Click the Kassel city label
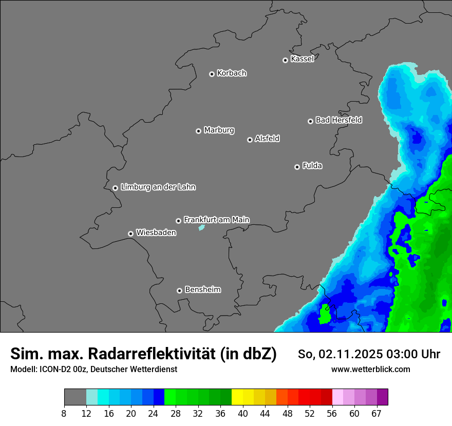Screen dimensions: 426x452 302,59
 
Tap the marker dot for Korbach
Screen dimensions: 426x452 212,74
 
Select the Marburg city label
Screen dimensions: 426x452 219,130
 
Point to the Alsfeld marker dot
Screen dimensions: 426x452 250,140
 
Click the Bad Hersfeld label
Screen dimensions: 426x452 338,120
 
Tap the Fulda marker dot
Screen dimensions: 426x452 297,167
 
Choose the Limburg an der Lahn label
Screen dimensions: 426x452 158,187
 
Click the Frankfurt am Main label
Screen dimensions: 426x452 216,220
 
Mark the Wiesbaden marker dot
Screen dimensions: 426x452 130,234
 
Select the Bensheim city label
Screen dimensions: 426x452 202,290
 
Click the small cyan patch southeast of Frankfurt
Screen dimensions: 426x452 202,227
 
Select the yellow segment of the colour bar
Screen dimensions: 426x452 237,397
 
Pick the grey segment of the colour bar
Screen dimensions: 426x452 75,397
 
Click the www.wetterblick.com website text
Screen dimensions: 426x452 370,370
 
